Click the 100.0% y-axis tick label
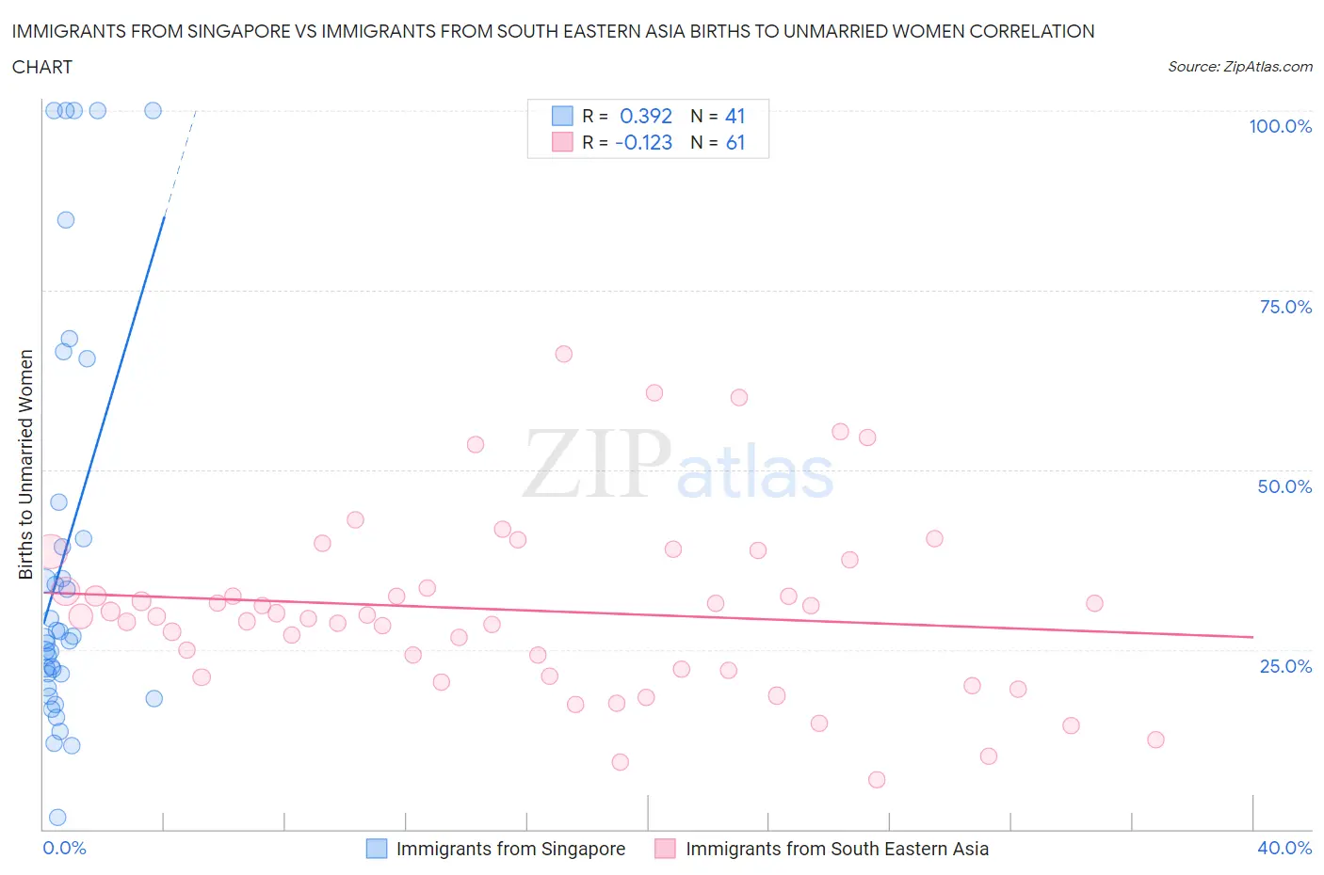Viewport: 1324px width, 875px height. click(x=1280, y=126)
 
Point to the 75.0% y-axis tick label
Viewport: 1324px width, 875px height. click(x=1285, y=307)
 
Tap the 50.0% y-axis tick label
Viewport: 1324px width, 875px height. click(x=1284, y=486)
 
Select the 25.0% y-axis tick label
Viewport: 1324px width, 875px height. click(x=1285, y=666)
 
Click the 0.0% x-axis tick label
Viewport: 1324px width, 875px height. click(x=64, y=848)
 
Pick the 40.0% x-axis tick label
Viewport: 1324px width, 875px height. click(x=1284, y=848)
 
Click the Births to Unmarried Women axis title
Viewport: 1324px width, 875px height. click(x=25, y=465)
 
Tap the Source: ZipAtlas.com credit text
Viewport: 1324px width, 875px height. click(x=1239, y=67)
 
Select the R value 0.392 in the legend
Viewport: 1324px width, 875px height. click(x=646, y=116)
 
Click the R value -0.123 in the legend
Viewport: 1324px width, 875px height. click(x=644, y=142)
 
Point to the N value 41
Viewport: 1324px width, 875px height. click(x=735, y=116)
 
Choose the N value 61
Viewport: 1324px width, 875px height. click(x=735, y=142)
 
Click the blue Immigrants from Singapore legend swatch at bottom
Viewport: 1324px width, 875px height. click(x=377, y=849)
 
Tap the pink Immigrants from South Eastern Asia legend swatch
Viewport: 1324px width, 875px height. click(x=666, y=849)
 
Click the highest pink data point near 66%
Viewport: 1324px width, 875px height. click(x=564, y=354)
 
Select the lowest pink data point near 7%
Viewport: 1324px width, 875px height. click(x=877, y=779)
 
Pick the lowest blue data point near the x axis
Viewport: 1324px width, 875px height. click(x=57, y=817)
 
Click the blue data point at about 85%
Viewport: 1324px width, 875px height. click(x=66, y=220)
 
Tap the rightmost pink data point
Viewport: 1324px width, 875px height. click(x=1155, y=740)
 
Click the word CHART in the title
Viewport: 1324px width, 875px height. click(x=42, y=67)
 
